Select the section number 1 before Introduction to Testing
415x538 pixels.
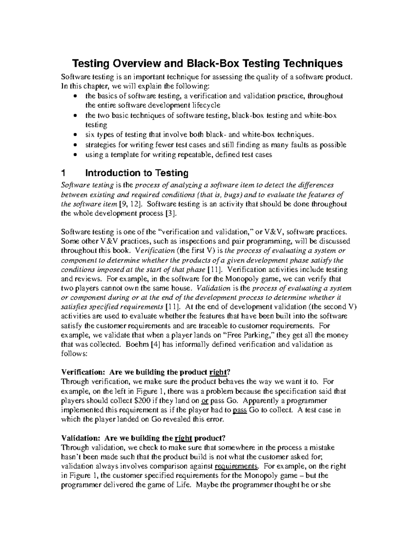(63, 173)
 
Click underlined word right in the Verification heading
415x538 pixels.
(218, 372)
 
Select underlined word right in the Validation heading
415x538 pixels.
(184, 438)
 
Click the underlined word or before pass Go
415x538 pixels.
(204, 401)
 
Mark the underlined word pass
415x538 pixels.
(239, 410)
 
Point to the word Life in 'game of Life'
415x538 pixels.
(183, 485)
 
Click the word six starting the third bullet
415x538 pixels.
(90, 135)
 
